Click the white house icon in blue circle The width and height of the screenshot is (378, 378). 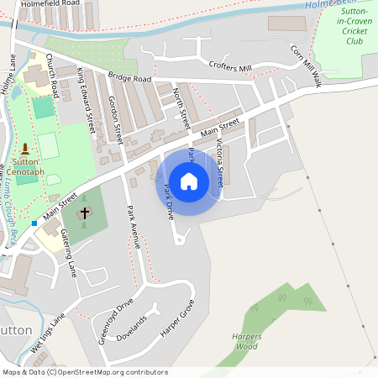(x=189, y=181)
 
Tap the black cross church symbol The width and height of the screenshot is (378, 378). (x=85, y=213)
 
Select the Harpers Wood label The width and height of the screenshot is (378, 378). (x=246, y=341)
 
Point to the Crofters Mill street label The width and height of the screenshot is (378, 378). (x=231, y=67)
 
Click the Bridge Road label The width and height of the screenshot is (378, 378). (x=129, y=78)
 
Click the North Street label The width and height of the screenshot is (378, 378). (x=181, y=108)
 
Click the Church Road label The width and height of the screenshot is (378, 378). (x=52, y=73)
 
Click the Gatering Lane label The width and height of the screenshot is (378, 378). (x=70, y=256)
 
